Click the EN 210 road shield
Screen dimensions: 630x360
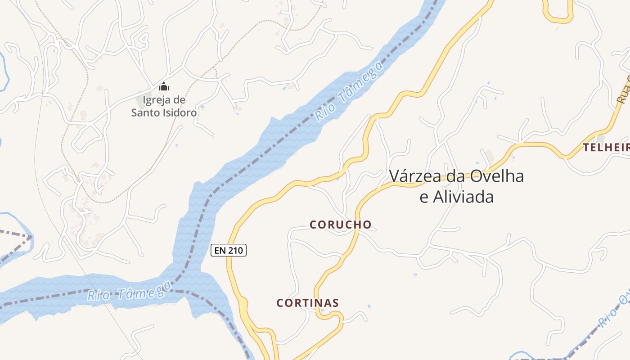[229, 250]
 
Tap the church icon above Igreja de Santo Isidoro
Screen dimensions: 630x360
[164, 86]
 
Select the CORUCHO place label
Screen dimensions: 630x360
[341, 225]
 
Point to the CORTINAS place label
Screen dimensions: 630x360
[307, 303]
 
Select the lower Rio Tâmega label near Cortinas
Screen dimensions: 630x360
[130, 291]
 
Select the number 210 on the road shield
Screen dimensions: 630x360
[235, 250]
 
